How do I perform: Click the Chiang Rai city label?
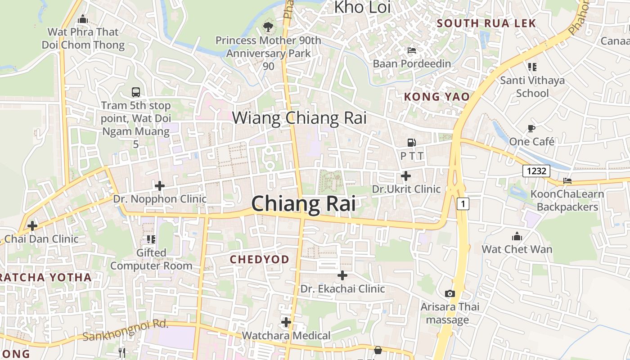303,203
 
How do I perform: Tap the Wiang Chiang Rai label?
299,118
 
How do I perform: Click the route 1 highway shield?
463,204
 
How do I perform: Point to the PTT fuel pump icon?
411,143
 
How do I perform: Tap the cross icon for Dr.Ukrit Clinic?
406,175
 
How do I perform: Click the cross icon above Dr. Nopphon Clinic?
159,185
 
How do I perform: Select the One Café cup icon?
531,129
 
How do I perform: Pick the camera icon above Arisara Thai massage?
450,294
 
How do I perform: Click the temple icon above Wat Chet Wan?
517,236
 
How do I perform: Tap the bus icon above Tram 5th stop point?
136,92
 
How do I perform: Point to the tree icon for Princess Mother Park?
268,27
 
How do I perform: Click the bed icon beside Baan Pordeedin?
411,50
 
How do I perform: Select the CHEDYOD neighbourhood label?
260,260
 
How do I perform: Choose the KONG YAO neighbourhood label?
436,97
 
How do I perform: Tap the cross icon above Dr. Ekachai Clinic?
342,275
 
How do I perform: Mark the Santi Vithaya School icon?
532,67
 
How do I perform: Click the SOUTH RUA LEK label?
486,23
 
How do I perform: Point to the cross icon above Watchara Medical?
286,322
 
